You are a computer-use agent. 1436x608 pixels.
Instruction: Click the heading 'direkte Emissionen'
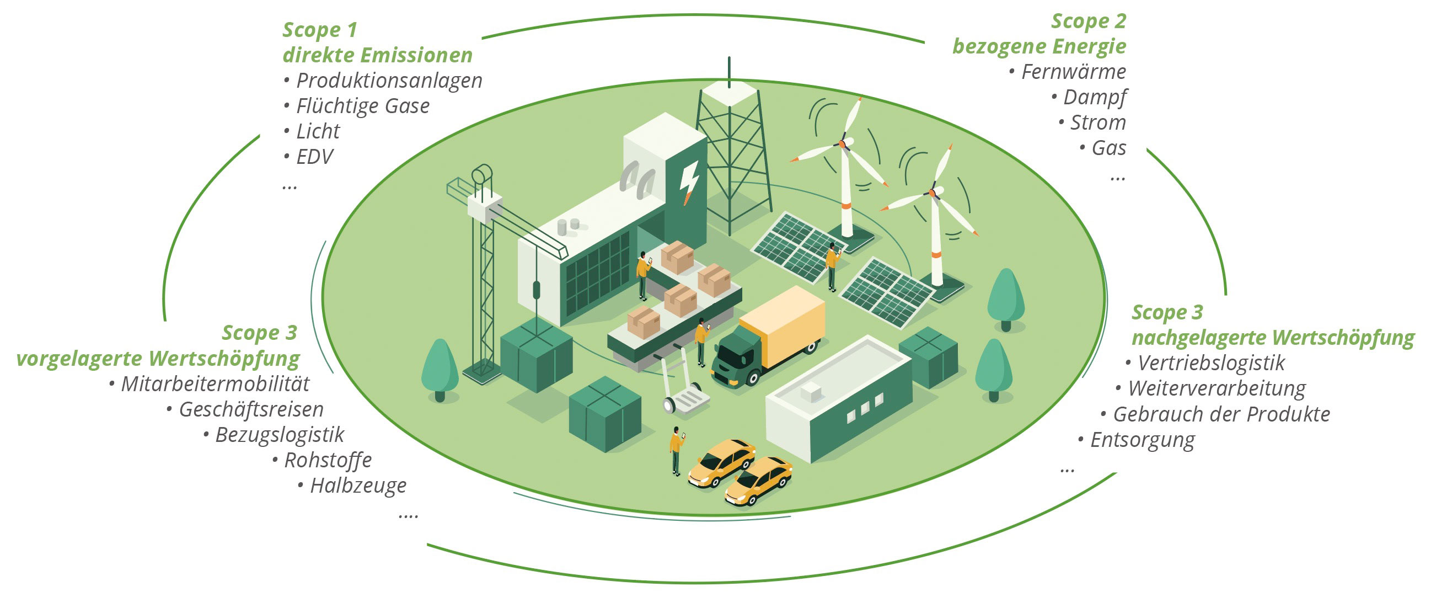[377, 55]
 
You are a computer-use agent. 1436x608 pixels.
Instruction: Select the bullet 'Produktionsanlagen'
[389, 81]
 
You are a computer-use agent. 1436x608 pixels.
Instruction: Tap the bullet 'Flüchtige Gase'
[362, 106]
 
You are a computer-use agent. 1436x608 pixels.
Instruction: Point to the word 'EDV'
[314, 157]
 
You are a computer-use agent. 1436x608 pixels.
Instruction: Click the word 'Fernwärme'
[1074, 72]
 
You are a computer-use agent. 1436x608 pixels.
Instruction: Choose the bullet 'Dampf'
[1095, 98]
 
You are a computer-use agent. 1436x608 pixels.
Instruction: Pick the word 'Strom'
[1097, 122]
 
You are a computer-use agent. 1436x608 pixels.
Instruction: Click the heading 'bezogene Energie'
[1039, 46]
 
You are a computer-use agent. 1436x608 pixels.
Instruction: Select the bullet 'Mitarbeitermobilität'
[215, 385]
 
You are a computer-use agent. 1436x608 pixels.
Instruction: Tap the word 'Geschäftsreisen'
[251, 410]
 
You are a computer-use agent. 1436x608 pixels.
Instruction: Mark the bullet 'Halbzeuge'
[358, 486]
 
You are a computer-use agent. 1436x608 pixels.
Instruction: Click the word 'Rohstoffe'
[328, 461]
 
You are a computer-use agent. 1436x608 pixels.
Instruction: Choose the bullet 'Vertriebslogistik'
[1211, 363]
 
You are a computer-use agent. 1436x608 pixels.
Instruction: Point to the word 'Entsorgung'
[1142, 440]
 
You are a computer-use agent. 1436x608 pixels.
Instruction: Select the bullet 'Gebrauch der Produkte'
[1221, 414]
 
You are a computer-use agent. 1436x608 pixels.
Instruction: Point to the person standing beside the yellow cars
[676, 451]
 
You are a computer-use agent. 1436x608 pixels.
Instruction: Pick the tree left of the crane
[440, 369]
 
